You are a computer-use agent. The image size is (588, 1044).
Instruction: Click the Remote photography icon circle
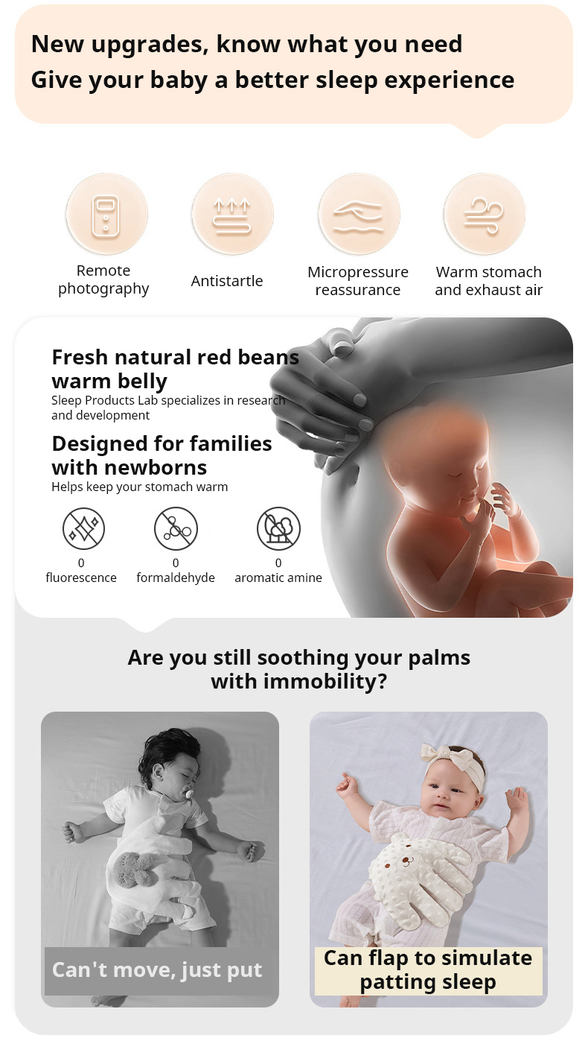click(106, 215)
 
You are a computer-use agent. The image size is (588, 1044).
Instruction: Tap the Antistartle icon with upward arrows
click(232, 215)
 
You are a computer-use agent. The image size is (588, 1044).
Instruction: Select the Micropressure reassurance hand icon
click(359, 215)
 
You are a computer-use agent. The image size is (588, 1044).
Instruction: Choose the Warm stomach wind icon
click(485, 215)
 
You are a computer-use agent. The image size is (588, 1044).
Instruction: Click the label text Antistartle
click(227, 281)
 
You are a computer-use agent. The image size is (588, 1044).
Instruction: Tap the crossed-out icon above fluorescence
click(84, 528)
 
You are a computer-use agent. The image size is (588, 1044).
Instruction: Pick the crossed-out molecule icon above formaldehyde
click(176, 528)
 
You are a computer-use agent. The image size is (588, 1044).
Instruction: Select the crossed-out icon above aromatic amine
click(278, 528)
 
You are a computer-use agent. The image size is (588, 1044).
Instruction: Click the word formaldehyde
click(176, 578)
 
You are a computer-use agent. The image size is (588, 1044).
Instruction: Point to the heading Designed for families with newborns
click(162, 455)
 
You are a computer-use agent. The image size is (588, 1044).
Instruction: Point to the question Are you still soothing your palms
click(299, 658)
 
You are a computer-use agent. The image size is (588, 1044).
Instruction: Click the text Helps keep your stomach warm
click(140, 487)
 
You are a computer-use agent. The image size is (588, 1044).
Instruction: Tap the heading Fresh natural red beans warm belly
click(175, 369)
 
